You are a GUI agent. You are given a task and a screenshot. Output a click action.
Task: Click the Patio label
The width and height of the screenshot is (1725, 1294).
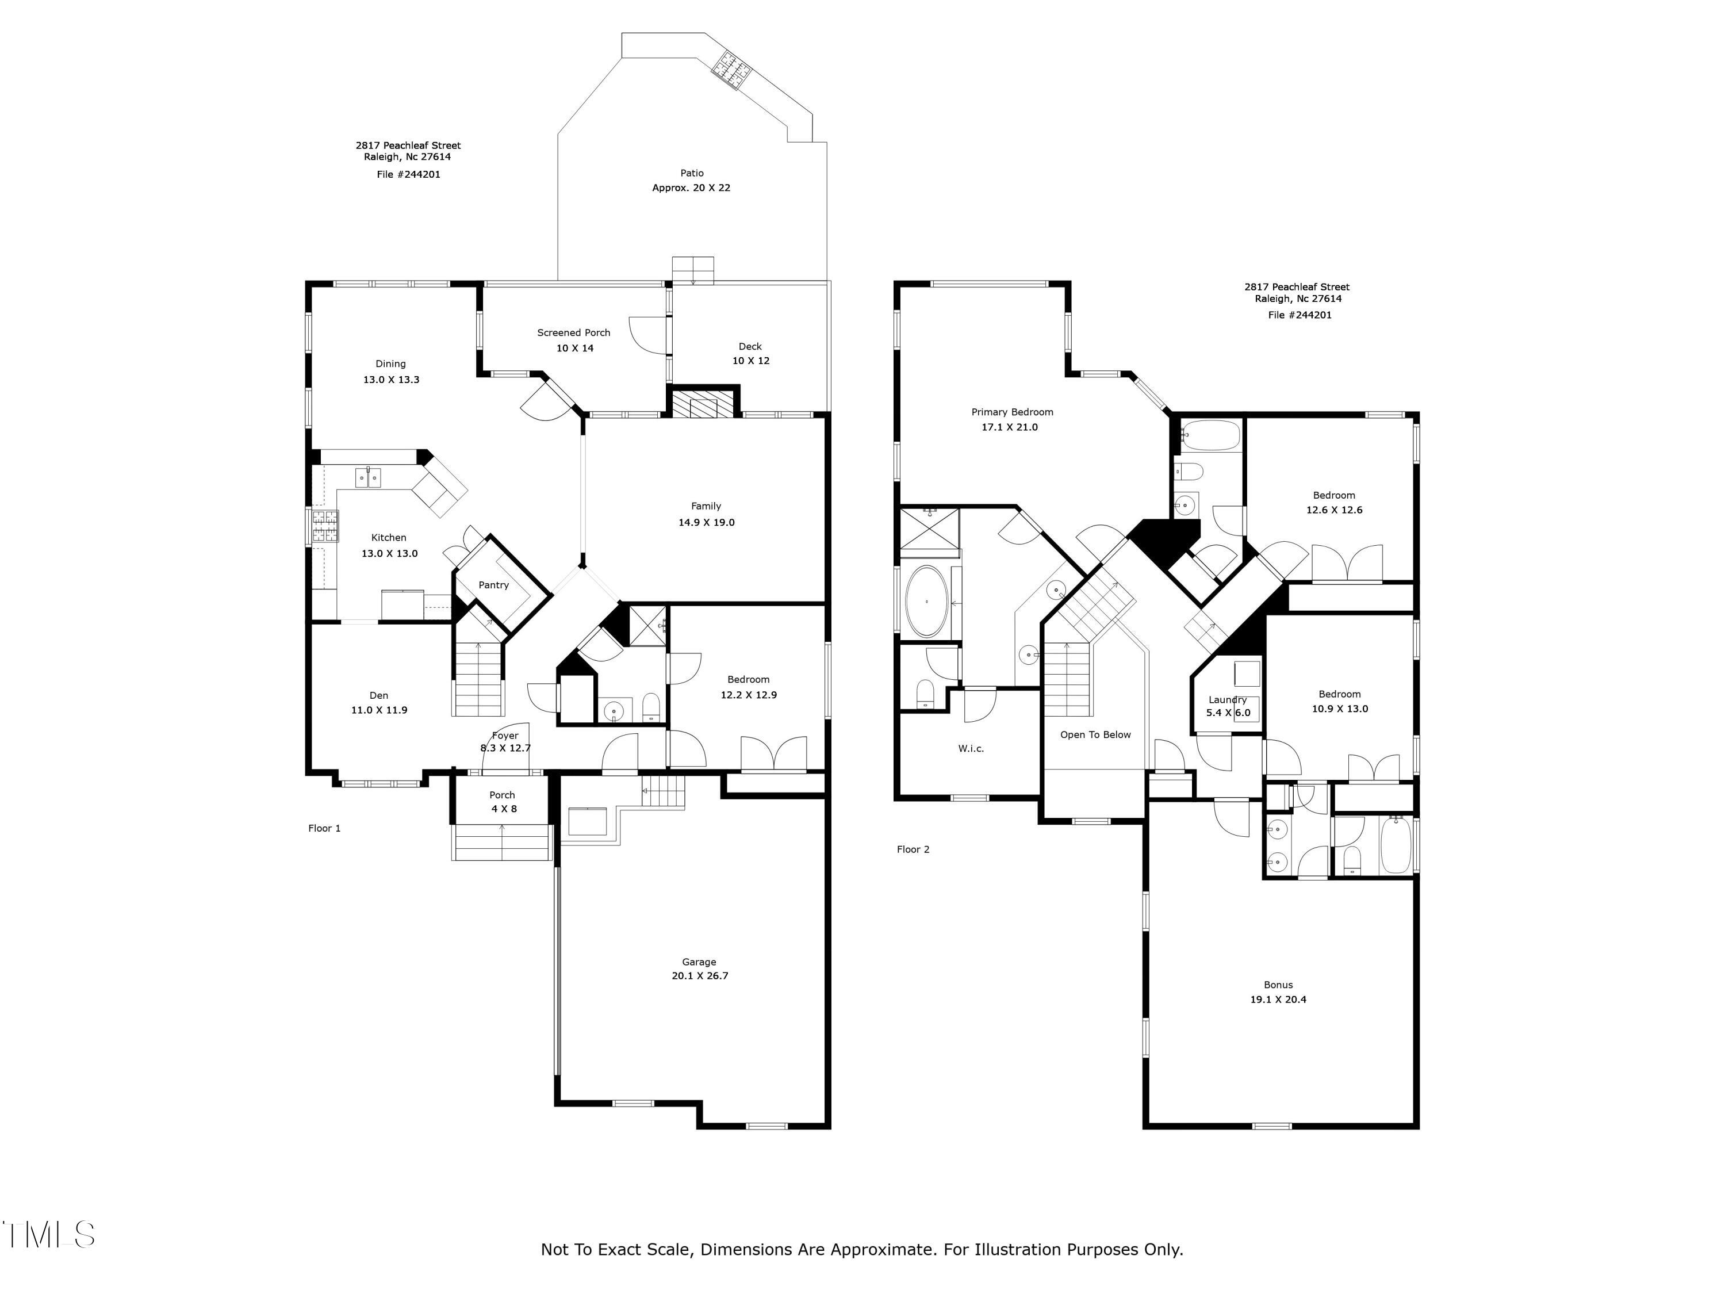(692, 173)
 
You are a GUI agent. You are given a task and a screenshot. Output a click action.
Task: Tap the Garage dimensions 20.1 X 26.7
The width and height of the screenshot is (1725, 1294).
(700, 976)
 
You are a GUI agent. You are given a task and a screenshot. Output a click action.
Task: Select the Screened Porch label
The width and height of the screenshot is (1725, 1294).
(574, 333)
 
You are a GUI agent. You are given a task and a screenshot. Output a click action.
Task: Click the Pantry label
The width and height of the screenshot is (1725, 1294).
(493, 585)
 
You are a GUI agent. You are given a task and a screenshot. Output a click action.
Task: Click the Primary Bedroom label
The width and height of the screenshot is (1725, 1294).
(1012, 412)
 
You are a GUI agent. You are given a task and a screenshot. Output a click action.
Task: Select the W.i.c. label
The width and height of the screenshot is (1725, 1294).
(971, 749)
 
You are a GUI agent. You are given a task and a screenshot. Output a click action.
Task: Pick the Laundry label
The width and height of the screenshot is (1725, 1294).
(1228, 700)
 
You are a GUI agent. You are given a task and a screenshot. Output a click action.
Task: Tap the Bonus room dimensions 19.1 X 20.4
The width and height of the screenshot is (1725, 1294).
(1278, 999)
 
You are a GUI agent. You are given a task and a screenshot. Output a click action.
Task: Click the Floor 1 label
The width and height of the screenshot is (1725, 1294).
(324, 828)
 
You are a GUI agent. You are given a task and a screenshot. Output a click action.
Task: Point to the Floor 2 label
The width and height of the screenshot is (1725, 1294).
(913, 849)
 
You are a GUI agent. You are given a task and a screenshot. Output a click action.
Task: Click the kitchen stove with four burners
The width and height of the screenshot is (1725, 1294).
(326, 526)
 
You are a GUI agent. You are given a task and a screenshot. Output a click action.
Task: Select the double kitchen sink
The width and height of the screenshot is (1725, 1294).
(368, 477)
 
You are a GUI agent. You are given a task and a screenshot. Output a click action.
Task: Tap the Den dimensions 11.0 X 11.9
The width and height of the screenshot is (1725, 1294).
(379, 710)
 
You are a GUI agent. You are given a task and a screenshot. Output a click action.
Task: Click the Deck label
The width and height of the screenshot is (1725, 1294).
(750, 346)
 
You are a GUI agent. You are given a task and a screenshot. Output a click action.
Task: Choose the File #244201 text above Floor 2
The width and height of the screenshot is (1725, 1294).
(1300, 315)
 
